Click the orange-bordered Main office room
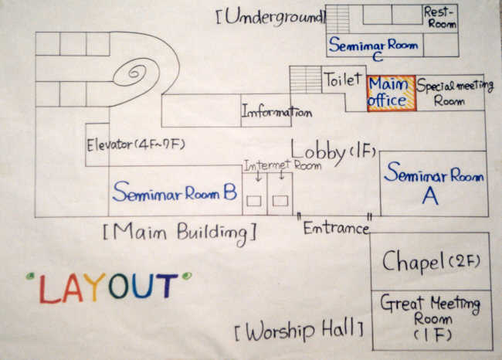391,93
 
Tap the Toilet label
342,79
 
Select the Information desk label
276,112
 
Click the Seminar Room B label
174,192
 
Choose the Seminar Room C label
374,49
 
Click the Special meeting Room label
450,92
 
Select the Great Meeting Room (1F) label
431,317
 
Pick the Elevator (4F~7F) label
136,144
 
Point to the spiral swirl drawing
137,74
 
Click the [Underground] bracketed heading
270,16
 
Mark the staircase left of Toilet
305,80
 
